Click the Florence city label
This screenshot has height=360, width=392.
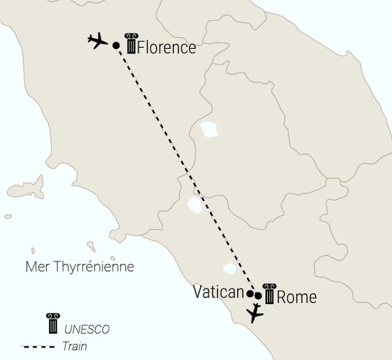(x=167, y=47)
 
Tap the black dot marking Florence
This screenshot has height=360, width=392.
(x=116, y=45)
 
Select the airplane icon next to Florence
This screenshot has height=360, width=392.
(x=97, y=42)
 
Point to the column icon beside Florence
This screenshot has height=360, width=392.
(x=130, y=44)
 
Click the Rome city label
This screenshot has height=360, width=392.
(x=297, y=298)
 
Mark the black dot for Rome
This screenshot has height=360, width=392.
(x=258, y=296)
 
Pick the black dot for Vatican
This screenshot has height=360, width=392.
(x=250, y=293)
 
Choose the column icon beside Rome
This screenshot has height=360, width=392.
(x=269, y=294)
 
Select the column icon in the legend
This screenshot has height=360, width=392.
(x=52, y=323)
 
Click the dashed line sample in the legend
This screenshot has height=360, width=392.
(x=38, y=347)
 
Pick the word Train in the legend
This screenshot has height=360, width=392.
(x=74, y=347)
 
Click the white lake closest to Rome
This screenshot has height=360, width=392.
(x=230, y=269)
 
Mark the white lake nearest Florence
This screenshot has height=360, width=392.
(x=209, y=129)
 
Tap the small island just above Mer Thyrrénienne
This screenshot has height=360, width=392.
(x=91, y=246)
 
